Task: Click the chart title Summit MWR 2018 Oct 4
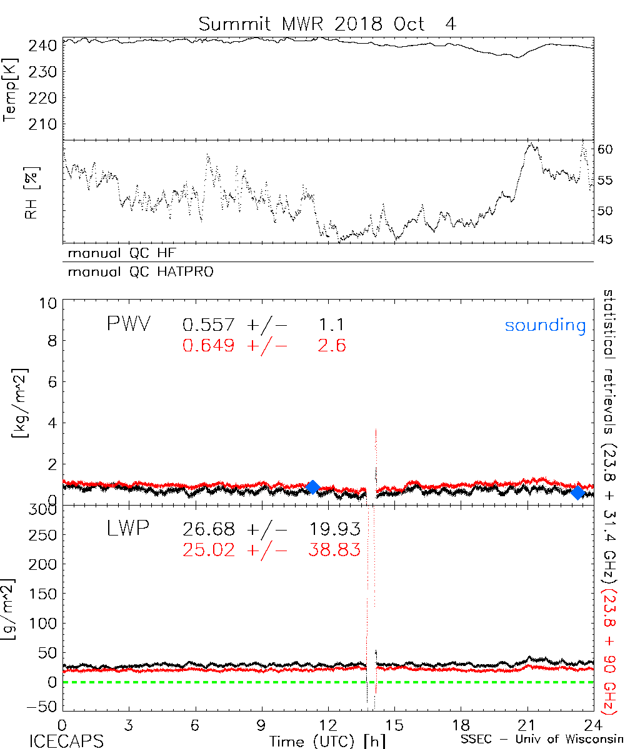tap(327, 24)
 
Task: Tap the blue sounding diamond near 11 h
tap(313, 487)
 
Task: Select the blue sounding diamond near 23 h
tap(578, 492)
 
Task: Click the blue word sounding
tap(546, 325)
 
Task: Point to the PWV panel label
tap(128, 325)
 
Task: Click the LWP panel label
tap(127, 529)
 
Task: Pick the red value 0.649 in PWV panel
tap(209, 345)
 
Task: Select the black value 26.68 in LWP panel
tap(209, 531)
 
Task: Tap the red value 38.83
tap(335, 550)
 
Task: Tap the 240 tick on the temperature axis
tap(43, 46)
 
